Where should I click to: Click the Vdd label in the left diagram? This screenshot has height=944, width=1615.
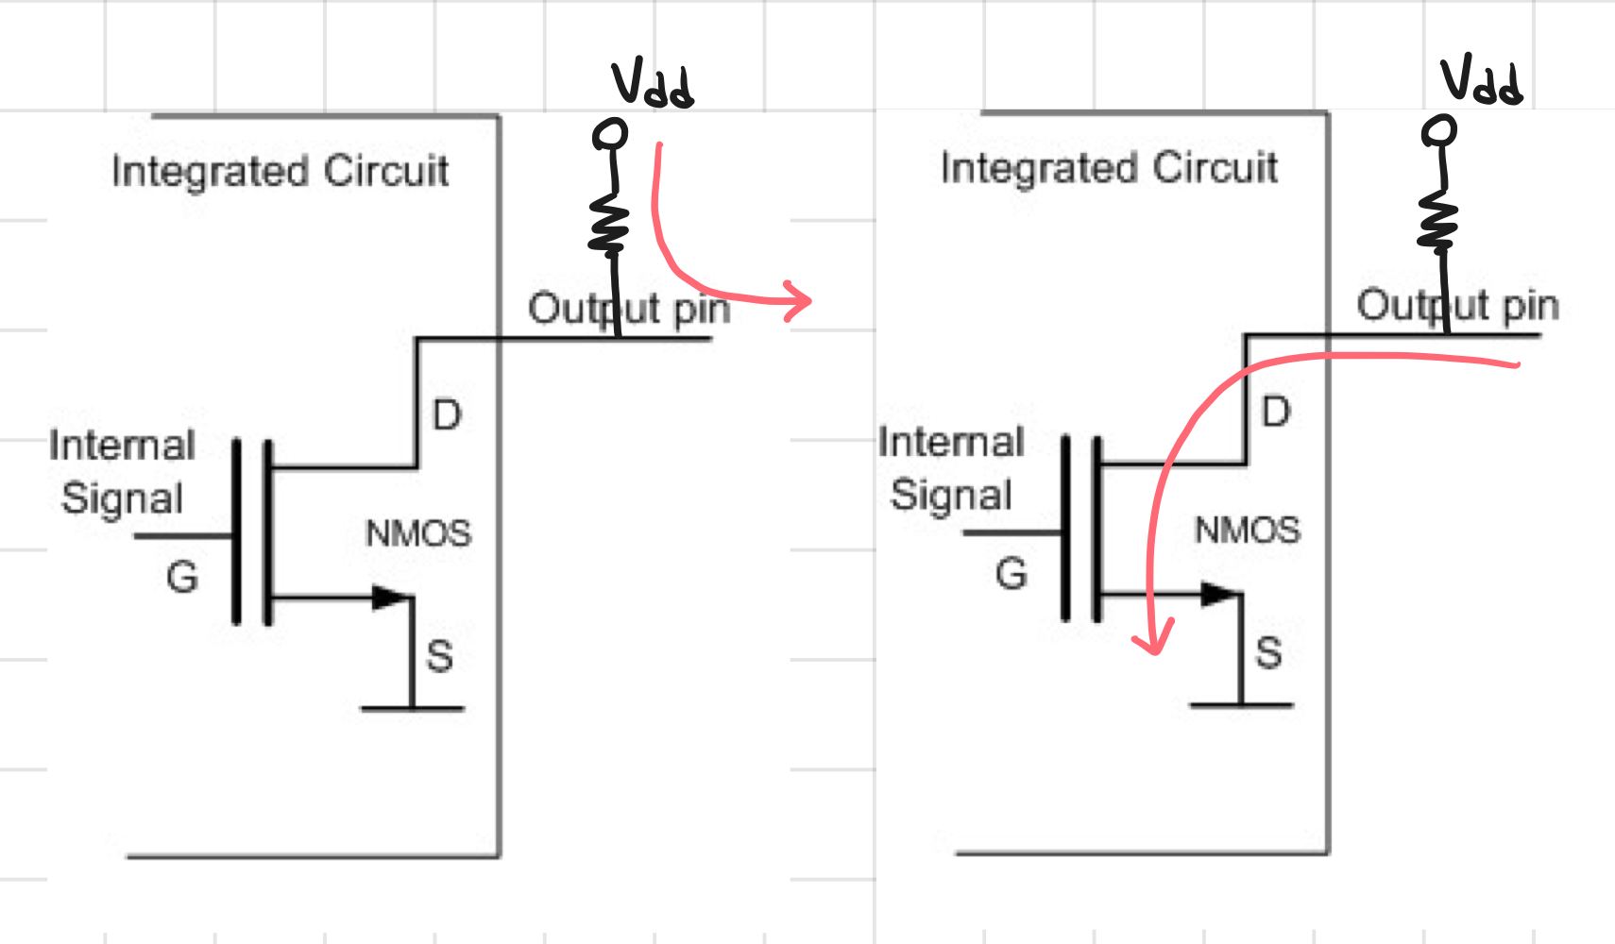[653, 85]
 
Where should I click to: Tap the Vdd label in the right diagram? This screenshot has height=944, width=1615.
[1481, 80]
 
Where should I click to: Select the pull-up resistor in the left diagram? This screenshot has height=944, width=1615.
[609, 224]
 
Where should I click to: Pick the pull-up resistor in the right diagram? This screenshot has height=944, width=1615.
[1437, 221]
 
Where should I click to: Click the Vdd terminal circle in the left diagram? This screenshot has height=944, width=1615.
[610, 135]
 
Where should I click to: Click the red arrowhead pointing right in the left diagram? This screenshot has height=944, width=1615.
[799, 300]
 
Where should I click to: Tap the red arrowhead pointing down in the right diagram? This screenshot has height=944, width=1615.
[1154, 638]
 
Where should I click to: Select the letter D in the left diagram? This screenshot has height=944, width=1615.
[447, 415]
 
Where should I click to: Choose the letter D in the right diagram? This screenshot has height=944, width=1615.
[1276, 413]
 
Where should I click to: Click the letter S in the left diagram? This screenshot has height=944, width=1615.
[440, 656]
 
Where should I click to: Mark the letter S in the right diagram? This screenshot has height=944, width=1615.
[1269, 653]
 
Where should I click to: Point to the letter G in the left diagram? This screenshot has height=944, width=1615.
[181, 577]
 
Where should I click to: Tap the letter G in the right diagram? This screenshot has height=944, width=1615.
[1011, 574]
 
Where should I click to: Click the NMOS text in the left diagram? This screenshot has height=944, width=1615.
[418, 534]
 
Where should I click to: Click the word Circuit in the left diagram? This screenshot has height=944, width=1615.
[386, 172]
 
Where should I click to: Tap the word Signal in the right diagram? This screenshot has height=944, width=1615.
[951, 495]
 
